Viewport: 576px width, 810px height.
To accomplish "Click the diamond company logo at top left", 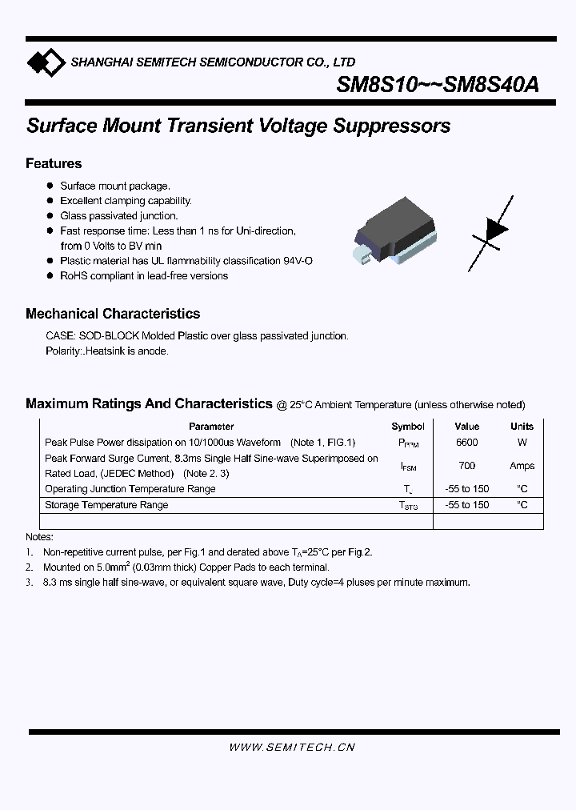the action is click(45, 62).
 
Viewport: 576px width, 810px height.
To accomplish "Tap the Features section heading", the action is click(54, 163).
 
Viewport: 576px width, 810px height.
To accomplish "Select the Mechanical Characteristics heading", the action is click(113, 314).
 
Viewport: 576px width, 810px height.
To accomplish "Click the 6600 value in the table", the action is click(467, 442).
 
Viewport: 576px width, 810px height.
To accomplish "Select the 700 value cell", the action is click(467, 465).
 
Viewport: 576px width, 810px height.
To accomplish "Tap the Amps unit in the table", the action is click(522, 465).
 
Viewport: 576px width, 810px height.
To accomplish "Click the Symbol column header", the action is click(408, 427).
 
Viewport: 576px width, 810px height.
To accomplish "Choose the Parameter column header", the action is click(211, 427).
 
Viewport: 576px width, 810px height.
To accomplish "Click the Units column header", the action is click(522, 427).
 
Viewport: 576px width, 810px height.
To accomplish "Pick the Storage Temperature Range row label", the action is click(106, 505).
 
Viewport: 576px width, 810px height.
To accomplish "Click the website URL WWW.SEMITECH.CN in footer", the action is click(292, 747).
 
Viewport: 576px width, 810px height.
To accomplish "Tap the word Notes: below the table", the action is click(39, 537).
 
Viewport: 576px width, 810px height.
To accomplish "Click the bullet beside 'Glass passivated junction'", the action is click(50, 216).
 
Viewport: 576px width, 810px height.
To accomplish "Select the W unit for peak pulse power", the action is click(522, 442).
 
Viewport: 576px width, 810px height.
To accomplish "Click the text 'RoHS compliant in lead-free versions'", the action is click(144, 276).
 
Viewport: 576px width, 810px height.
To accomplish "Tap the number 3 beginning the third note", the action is click(30, 583).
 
